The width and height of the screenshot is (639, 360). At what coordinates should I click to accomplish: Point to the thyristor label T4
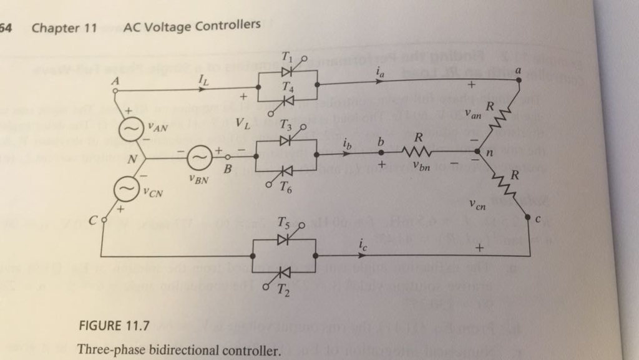288,86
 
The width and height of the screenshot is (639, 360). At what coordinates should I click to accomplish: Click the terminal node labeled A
115,90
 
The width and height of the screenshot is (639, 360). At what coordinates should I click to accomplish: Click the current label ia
380,72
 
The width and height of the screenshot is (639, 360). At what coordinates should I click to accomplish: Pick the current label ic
363,243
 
